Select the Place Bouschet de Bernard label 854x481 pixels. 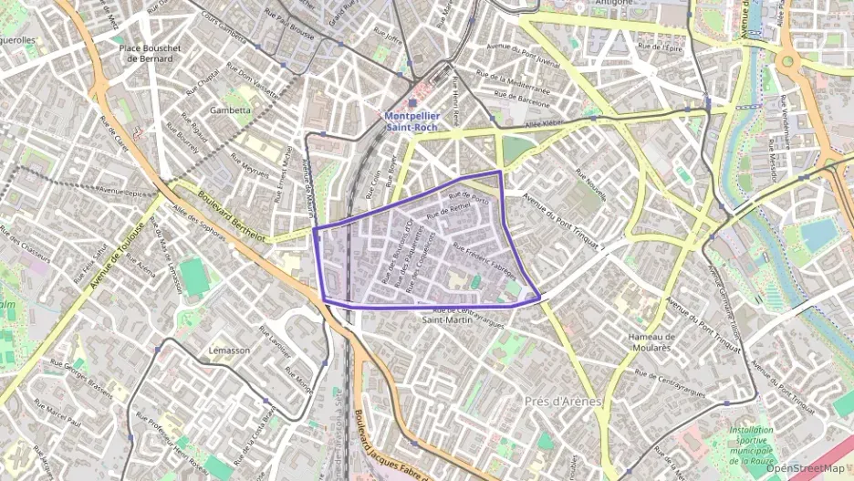click(151, 52)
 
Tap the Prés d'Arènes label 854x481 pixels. click(565, 401)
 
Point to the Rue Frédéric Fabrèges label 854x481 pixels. click(484, 261)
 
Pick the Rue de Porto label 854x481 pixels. click(470, 196)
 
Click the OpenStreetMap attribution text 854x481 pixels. click(805, 468)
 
